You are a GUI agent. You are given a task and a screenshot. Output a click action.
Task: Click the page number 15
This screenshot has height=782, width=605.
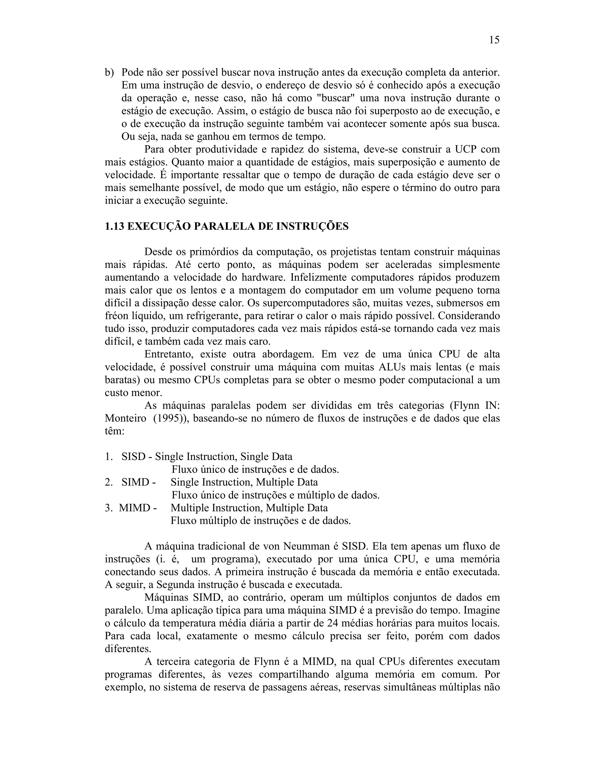(494, 40)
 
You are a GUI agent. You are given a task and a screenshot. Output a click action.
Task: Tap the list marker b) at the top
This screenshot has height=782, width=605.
(109, 72)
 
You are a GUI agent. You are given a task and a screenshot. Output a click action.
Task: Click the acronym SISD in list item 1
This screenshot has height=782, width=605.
(133, 457)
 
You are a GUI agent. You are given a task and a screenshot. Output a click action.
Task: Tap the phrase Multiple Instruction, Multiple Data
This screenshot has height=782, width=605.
(249, 508)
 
